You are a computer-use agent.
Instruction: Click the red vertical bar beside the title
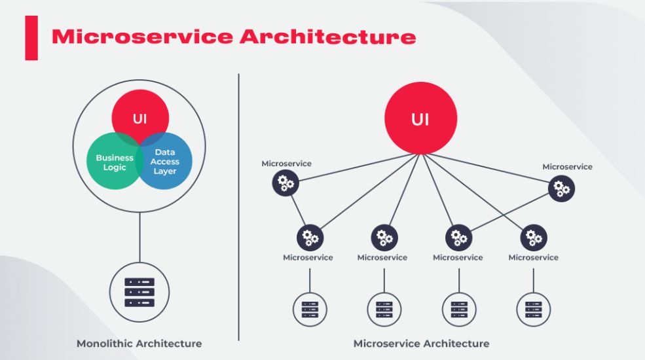pyautogui.click(x=31, y=38)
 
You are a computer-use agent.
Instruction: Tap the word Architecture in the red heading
pyautogui.click(x=328, y=37)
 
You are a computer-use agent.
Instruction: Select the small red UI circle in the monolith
pyautogui.click(x=140, y=118)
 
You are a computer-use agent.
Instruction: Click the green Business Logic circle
pyautogui.click(x=115, y=161)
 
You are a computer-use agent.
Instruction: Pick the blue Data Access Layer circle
pyautogui.click(x=164, y=161)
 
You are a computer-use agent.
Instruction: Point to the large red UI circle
pyautogui.click(x=421, y=118)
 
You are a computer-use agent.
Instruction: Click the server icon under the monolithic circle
pyautogui.click(x=139, y=292)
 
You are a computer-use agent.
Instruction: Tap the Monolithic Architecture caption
pyautogui.click(x=139, y=344)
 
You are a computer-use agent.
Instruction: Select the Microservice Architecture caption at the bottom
pyautogui.click(x=421, y=344)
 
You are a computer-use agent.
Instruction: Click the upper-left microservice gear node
pyautogui.click(x=286, y=183)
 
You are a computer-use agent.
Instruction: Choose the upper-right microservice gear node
pyautogui.click(x=561, y=189)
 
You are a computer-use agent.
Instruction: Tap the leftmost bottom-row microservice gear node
pyautogui.click(x=310, y=238)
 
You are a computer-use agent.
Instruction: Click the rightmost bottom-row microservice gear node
pyautogui.click(x=534, y=238)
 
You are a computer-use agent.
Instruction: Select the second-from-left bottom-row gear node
pyautogui.click(x=384, y=238)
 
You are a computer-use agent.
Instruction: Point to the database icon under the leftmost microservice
pyautogui.click(x=310, y=310)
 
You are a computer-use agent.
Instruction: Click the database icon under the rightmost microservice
pyautogui.click(x=534, y=310)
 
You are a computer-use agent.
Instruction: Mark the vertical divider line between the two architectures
pyautogui.click(x=238, y=207)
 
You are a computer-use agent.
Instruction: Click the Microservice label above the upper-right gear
pyautogui.click(x=567, y=167)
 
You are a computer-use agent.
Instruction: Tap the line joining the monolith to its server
pyautogui.click(x=140, y=237)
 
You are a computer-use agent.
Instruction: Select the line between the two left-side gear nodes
pyautogui.click(x=298, y=210)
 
